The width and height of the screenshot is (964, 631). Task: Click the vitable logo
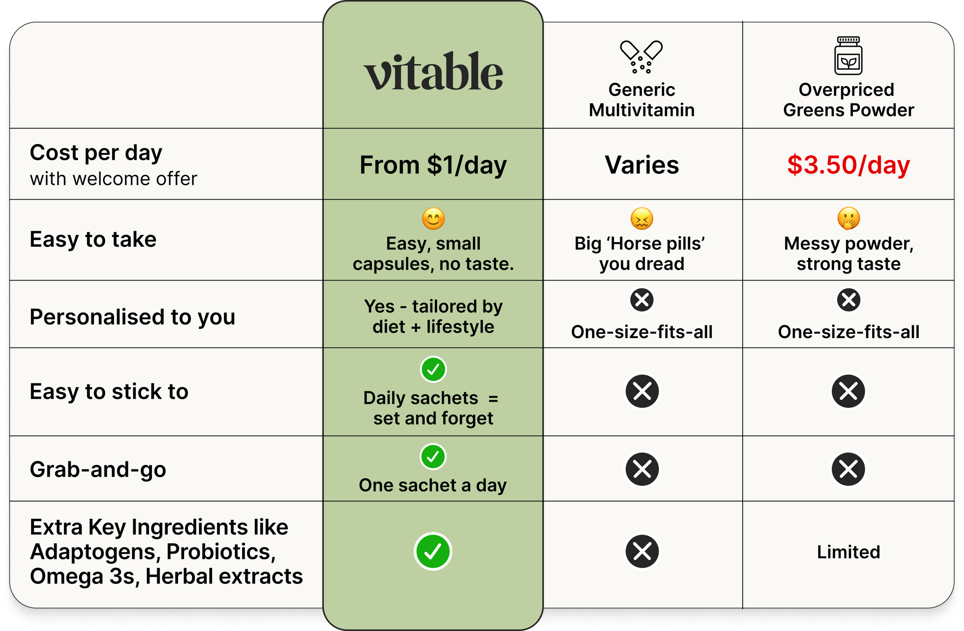click(x=433, y=72)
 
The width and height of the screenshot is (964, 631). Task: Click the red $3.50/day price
click(x=848, y=165)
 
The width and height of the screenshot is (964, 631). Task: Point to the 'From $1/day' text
click(x=433, y=165)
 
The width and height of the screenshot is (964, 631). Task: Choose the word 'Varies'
click(x=642, y=165)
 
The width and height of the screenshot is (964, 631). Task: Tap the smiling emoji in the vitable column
click(x=433, y=219)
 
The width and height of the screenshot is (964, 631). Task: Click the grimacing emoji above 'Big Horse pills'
click(x=642, y=219)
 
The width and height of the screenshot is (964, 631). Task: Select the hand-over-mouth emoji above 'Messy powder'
click(x=848, y=219)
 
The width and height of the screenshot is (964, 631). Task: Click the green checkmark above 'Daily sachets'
click(x=433, y=370)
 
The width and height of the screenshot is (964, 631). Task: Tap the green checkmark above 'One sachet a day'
click(x=433, y=456)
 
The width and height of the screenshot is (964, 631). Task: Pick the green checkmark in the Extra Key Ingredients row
click(x=433, y=551)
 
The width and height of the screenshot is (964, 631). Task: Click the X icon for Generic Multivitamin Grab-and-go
click(x=642, y=469)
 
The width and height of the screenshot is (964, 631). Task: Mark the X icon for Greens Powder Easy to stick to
click(x=848, y=391)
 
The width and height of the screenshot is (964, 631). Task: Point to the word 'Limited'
click(x=848, y=552)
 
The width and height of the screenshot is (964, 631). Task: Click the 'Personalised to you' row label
click(x=132, y=317)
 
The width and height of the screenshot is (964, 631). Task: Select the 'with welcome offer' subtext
click(x=113, y=179)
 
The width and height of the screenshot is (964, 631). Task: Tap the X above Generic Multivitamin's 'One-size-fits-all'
click(x=642, y=300)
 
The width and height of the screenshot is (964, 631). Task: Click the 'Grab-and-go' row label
click(x=98, y=469)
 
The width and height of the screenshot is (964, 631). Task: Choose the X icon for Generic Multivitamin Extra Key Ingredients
click(x=642, y=551)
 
